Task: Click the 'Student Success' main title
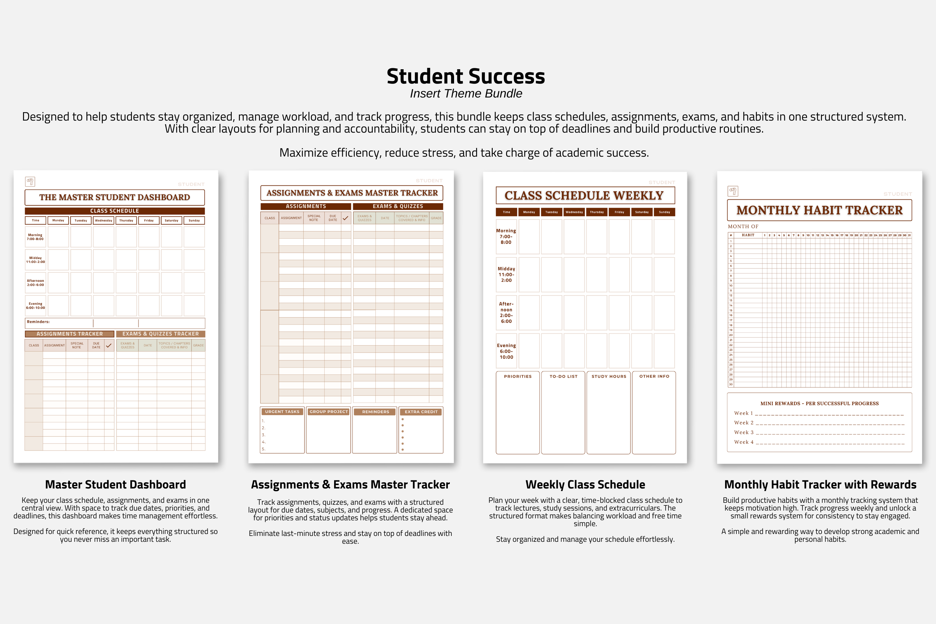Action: pyautogui.click(x=466, y=76)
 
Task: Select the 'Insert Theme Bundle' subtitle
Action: pyautogui.click(x=466, y=94)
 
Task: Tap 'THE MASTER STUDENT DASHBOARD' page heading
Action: pyautogui.click(x=115, y=197)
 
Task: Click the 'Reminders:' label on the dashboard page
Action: pyautogui.click(x=38, y=321)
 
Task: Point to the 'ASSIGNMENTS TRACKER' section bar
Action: pyautogui.click(x=70, y=334)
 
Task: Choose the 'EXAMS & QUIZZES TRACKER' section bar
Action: pyautogui.click(x=160, y=334)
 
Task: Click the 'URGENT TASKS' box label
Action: pyautogui.click(x=282, y=411)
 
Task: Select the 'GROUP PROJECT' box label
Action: pyautogui.click(x=329, y=411)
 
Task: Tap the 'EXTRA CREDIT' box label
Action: pyautogui.click(x=421, y=411)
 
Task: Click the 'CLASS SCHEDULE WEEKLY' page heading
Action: pyautogui.click(x=584, y=195)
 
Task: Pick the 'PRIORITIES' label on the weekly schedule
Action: pyautogui.click(x=518, y=376)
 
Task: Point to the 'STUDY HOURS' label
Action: pyautogui.click(x=609, y=376)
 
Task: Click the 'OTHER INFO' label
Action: pyautogui.click(x=654, y=376)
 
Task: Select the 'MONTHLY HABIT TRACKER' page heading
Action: pyautogui.click(x=819, y=210)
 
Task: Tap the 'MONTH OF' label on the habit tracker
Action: pyautogui.click(x=743, y=227)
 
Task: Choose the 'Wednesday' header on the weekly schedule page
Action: pyautogui.click(x=574, y=212)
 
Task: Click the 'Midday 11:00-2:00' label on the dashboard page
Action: pyautogui.click(x=35, y=260)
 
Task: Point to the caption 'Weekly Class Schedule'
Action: pyautogui.click(x=585, y=484)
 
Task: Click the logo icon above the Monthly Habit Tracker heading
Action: pyautogui.click(x=733, y=191)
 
